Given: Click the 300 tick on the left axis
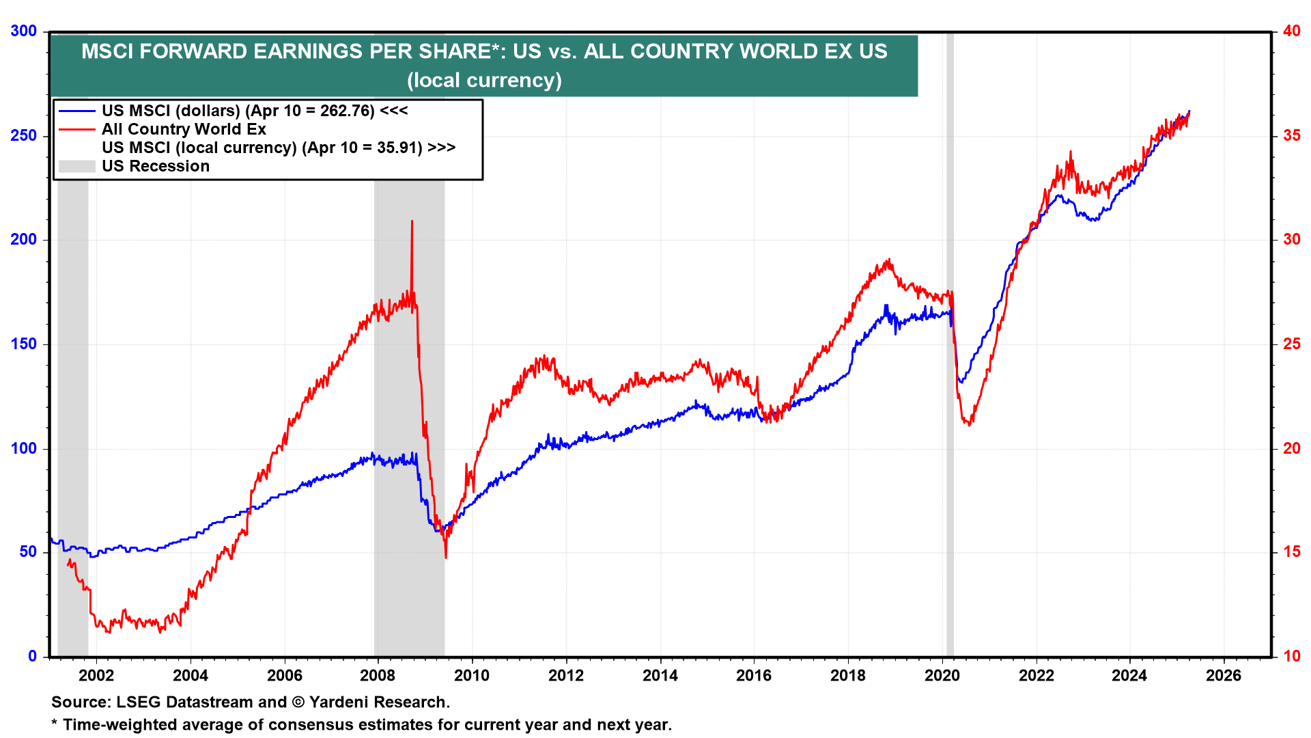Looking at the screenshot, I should (24, 31).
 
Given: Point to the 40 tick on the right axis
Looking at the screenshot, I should (1291, 31).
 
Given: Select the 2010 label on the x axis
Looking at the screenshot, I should (472, 676).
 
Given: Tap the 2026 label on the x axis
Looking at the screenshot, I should (1224, 676).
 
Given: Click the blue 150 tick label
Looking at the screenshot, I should (24, 344).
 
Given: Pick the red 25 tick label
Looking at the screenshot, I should (1291, 344).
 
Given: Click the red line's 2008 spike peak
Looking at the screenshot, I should (412, 221).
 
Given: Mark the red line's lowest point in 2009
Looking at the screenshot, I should (446, 557).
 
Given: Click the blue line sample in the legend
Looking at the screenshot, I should (76, 111).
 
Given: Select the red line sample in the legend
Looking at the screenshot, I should (76, 129).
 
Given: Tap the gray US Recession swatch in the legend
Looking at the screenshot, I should (76, 166).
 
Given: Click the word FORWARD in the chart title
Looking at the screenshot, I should (193, 51).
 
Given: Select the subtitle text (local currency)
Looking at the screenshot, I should (484, 80).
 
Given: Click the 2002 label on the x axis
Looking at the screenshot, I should (96, 676).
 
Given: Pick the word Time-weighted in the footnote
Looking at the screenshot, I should (117, 725).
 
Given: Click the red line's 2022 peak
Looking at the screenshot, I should (1071, 152).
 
